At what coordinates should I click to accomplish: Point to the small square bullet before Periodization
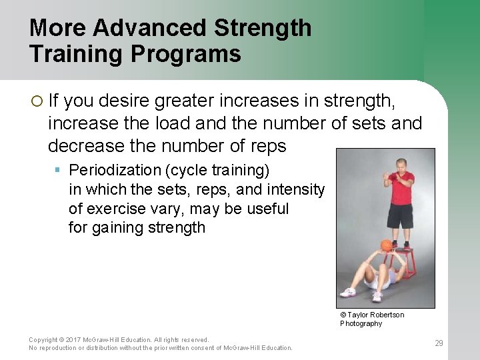pyautogui.click(x=59, y=170)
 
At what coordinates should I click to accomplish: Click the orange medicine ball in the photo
pyautogui.click(x=386, y=245)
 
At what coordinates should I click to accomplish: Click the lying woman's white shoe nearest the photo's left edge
pyautogui.click(x=347, y=292)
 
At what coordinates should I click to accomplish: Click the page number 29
pyautogui.click(x=439, y=343)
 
